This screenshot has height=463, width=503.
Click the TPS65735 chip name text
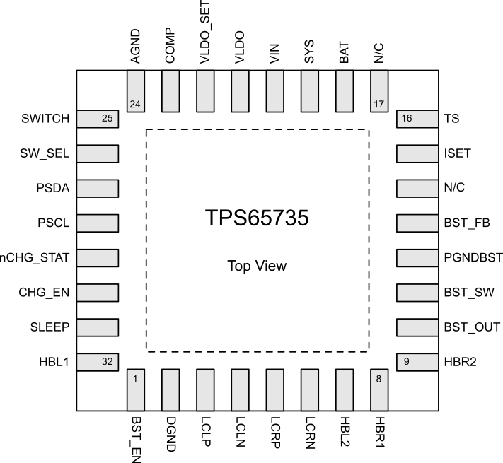[x=257, y=218]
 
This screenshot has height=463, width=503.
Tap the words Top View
[x=257, y=266]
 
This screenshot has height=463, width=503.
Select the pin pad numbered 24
[x=135, y=91]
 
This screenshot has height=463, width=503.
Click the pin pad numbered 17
[x=379, y=91]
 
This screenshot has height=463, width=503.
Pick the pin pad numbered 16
[x=417, y=119]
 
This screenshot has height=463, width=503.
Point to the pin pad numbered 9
[x=417, y=362]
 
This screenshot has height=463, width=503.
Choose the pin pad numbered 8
[x=379, y=389]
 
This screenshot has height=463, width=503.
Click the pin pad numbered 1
[x=135, y=389]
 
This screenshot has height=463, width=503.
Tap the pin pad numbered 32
[x=97, y=362]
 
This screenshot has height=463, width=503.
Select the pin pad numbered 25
[x=97, y=119]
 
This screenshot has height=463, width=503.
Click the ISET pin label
[x=457, y=153]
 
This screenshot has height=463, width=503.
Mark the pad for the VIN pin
[x=274, y=91]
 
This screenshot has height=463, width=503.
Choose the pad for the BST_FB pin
[x=417, y=223]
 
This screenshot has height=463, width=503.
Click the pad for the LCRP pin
[x=274, y=389]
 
